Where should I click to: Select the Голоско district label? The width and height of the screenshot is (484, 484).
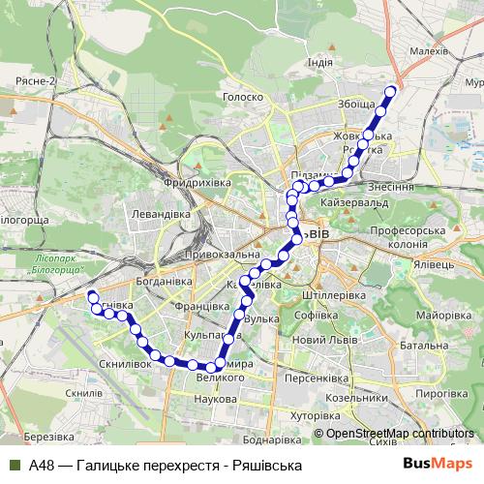[x=243, y=97]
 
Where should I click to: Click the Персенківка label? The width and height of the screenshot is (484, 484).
[x=318, y=379]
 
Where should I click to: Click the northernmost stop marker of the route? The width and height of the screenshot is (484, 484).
[x=391, y=92]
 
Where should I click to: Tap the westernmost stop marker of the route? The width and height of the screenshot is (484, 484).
[x=92, y=294]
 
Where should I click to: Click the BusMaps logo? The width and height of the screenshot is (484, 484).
[x=437, y=465]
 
